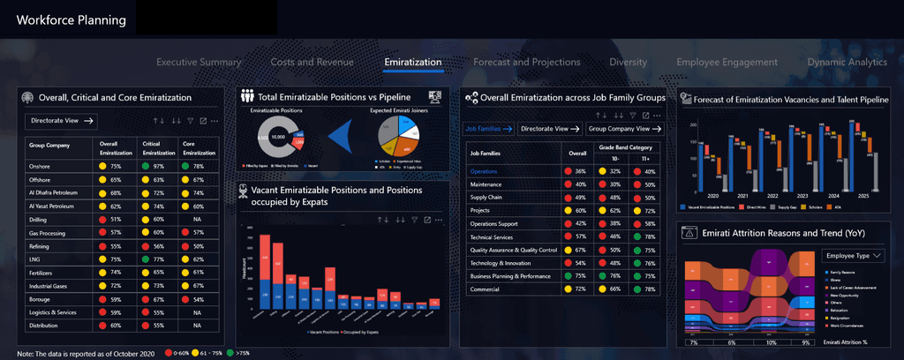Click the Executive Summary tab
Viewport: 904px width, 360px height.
199,62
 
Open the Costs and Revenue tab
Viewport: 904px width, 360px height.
312,62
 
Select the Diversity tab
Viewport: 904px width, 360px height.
628,62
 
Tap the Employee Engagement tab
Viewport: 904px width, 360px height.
727,62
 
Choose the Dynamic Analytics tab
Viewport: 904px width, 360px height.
847,62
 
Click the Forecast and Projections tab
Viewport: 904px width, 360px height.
526,62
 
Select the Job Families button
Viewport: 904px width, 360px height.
489,128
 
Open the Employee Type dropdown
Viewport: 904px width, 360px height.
853,255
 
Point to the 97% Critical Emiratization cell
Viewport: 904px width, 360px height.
160,166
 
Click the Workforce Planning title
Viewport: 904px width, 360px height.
72,19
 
